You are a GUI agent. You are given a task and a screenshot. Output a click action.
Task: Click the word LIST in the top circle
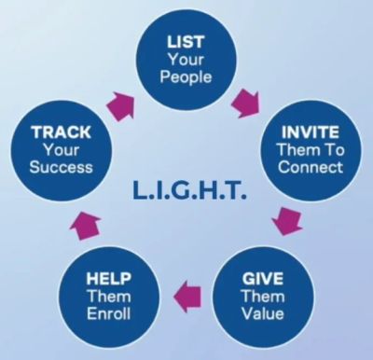[186, 42]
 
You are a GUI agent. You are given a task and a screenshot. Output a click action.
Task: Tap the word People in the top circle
[186, 76]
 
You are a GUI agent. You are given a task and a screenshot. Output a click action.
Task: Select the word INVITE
[310, 132]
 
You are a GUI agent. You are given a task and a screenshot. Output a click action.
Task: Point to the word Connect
[311, 167]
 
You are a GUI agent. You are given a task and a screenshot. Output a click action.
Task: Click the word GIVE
[263, 279]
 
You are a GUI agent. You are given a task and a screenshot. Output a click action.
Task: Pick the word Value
[263, 313]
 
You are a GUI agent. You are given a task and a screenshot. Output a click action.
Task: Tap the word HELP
[108, 279]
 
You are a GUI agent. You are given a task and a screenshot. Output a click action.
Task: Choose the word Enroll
[108, 313]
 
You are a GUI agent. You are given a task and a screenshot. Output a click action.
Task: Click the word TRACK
[62, 132]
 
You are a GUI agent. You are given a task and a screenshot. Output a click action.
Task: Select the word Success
[62, 167]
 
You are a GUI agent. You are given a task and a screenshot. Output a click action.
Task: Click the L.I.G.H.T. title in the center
[189, 191]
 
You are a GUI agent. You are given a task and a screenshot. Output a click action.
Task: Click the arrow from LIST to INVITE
[246, 104]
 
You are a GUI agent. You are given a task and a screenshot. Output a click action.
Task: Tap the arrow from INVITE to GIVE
[287, 221]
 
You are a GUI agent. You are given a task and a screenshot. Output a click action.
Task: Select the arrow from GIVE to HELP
[187, 297]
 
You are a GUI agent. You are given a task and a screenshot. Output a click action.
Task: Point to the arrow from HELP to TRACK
[85, 226]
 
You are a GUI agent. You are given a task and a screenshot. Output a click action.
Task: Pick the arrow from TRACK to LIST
[121, 106]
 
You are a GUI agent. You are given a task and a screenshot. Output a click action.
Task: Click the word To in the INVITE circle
[334, 149]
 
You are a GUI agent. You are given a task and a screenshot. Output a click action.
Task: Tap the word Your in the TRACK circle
[62, 150]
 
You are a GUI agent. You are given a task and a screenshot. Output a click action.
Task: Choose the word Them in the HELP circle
[108, 296]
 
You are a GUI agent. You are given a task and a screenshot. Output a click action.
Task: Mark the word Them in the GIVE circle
[263, 296]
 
